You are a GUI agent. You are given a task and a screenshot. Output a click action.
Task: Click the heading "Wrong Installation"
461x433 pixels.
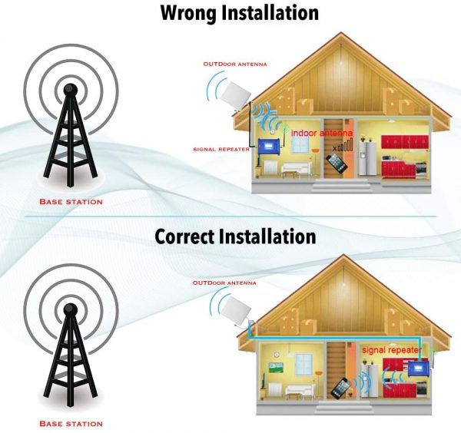[240, 13]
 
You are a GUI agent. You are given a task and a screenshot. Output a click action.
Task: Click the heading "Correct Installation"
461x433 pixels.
[235, 236]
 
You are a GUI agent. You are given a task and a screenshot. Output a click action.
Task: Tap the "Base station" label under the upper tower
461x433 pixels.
[71, 202]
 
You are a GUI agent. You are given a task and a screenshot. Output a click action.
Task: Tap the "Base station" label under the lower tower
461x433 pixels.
[71, 424]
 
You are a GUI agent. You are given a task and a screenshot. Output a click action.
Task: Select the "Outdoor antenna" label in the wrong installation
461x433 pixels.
[235, 64]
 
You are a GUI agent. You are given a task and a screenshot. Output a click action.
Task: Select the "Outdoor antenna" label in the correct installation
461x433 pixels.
[224, 283]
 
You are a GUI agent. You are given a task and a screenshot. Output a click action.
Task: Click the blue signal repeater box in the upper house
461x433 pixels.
[268, 147]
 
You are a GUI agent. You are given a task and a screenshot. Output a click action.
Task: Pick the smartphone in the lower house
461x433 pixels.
[341, 388]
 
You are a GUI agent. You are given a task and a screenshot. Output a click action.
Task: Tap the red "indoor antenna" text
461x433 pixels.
[322, 133]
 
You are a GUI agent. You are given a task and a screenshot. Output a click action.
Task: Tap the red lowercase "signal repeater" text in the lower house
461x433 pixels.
[392, 350]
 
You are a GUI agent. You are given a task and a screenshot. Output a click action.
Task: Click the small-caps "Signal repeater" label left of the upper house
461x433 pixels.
[221, 149]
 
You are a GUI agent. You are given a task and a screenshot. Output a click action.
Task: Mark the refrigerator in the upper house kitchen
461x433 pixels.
[367, 159]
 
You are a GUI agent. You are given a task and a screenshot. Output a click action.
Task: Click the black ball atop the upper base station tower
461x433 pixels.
[71, 89]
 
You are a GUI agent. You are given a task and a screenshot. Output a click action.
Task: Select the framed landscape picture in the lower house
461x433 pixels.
[276, 368]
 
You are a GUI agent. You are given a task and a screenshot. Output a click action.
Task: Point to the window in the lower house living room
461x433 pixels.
[303, 364]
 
